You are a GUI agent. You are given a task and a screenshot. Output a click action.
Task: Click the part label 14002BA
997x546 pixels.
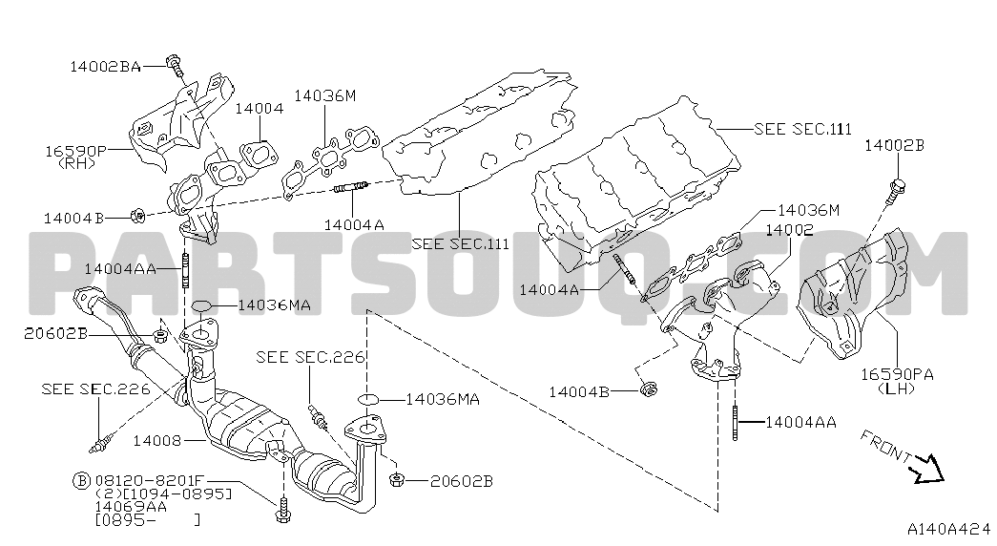[104, 67]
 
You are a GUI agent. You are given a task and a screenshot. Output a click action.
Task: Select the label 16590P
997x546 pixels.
[73, 150]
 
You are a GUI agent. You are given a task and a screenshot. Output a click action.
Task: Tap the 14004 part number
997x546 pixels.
[259, 109]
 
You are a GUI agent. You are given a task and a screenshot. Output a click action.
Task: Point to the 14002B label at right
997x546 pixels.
[894, 145]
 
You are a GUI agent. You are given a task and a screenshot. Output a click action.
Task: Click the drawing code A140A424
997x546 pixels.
[948, 529]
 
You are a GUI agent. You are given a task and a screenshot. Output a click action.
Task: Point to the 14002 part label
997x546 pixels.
[789, 230]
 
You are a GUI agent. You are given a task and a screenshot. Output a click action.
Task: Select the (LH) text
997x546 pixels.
[895, 388]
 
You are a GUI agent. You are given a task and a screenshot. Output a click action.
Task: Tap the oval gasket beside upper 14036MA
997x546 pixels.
[200, 305]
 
